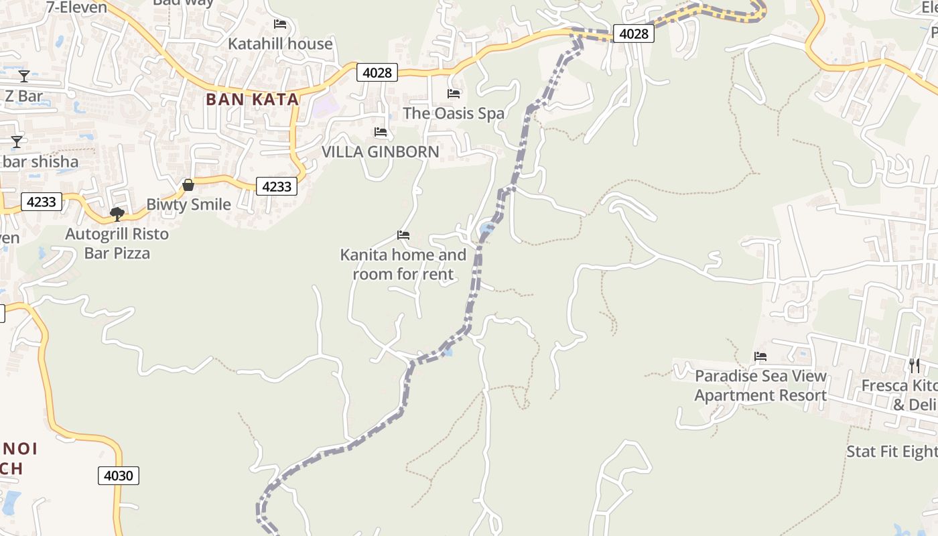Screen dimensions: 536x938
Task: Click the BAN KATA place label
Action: (252, 99)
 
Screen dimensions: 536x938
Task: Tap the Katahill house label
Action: (280, 44)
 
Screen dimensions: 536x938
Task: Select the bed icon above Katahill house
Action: (280, 24)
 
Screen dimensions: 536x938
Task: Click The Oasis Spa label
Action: (454, 113)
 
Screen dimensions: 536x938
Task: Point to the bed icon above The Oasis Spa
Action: (454, 93)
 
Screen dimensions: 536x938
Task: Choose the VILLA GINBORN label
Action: (381, 151)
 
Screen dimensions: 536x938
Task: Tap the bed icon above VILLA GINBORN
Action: (381, 132)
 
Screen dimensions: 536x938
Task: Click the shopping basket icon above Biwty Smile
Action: (188, 184)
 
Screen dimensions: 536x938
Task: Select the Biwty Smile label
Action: (188, 204)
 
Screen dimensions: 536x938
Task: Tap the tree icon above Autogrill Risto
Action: (117, 214)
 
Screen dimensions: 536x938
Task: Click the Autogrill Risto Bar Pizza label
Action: (117, 244)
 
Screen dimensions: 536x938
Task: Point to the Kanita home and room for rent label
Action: (403, 265)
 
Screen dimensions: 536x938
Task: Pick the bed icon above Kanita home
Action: (403, 235)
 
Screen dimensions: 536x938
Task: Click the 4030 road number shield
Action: (119, 476)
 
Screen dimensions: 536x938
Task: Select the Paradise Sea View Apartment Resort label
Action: (760, 386)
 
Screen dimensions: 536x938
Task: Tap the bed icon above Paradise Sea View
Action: (760, 356)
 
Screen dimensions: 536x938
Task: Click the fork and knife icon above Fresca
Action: (915, 365)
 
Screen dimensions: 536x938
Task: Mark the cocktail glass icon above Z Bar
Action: (24, 76)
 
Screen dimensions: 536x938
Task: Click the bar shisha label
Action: (40, 161)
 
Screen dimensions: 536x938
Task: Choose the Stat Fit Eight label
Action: (892, 452)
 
